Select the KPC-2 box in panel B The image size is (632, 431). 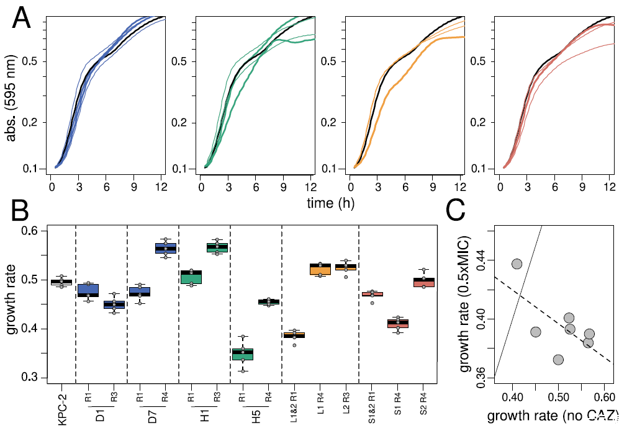(x=61, y=282)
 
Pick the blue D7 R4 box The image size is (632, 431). (x=166, y=248)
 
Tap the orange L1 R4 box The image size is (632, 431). (x=320, y=269)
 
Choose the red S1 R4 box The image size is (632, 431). (x=398, y=323)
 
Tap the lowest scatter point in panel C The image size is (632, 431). (x=558, y=359)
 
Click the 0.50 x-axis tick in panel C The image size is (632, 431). (x=558, y=396)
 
